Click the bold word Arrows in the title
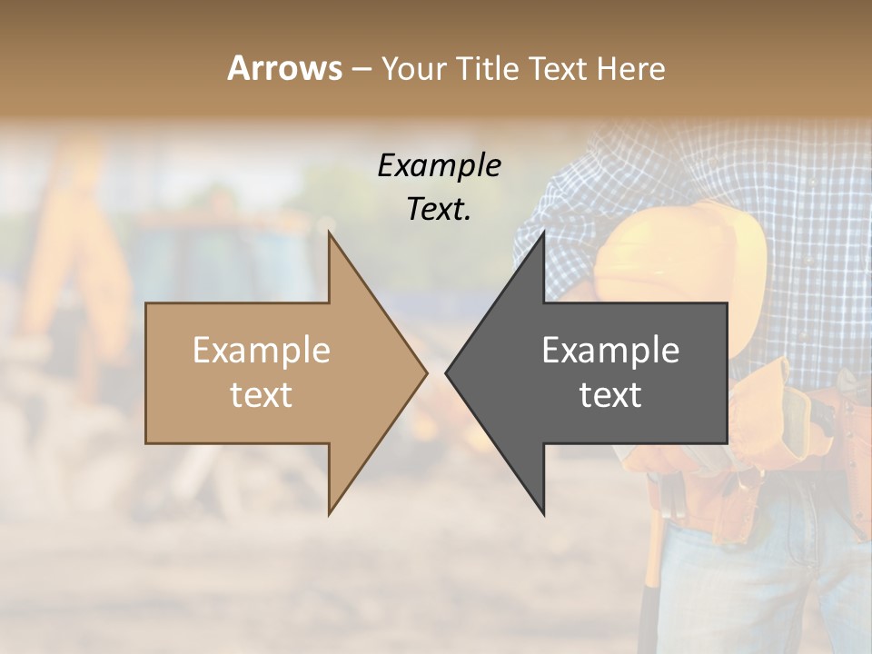pos(284,68)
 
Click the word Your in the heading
pos(414,69)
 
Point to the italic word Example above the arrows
pos(439,166)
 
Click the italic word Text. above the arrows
pos(439,209)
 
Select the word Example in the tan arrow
pos(261,351)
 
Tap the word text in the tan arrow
pos(261,395)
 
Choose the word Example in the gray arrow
pos(610,351)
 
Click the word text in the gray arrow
pos(610,395)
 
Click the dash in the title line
pos(361,70)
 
